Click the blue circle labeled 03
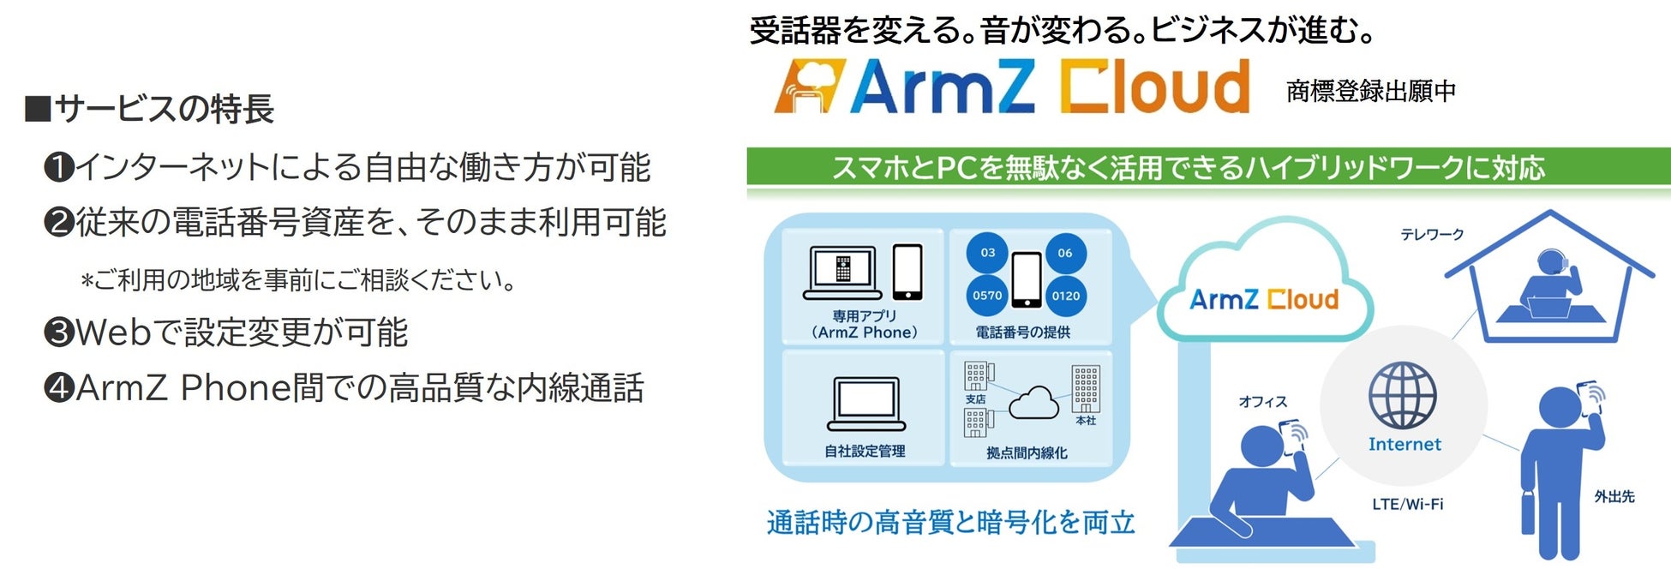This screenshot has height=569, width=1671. pyautogui.click(x=987, y=253)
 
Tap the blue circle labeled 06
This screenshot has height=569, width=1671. pyautogui.click(x=1065, y=253)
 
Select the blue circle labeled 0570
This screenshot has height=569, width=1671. pyautogui.click(x=987, y=296)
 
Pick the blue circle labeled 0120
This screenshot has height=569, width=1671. pyautogui.click(x=1066, y=296)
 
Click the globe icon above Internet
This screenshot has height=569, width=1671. pyautogui.click(x=1402, y=395)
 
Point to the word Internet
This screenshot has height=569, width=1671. pyautogui.click(x=1404, y=444)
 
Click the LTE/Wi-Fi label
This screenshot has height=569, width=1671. pyautogui.click(x=1407, y=504)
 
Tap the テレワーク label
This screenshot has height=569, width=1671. pyautogui.click(x=1432, y=234)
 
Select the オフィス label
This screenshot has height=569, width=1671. pyautogui.click(x=1262, y=401)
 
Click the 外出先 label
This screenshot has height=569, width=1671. pyautogui.click(x=1614, y=496)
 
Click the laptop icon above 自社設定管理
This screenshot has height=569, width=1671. pyautogui.click(x=865, y=404)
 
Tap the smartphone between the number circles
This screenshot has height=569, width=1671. pyautogui.click(x=1027, y=279)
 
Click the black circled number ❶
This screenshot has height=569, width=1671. pyautogui.click(x=59, y=167)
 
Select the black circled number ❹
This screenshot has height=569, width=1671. pyautogui.click(x=59, y=387)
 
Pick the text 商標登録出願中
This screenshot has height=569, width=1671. pyautogui.click(x=1371, y=91)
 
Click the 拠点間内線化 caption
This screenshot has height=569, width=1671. pyautogui.click(x=1027, y=452)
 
